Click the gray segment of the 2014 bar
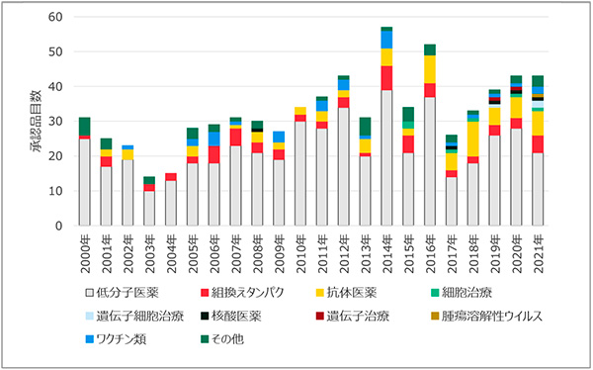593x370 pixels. coord(386,157)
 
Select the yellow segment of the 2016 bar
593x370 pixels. coord(430,68)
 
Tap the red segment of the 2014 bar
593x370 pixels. coord(386,78)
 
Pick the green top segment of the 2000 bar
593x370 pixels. coord(85,127)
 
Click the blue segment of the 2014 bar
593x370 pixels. coord(386,40)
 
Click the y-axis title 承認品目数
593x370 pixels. coord(35,121)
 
